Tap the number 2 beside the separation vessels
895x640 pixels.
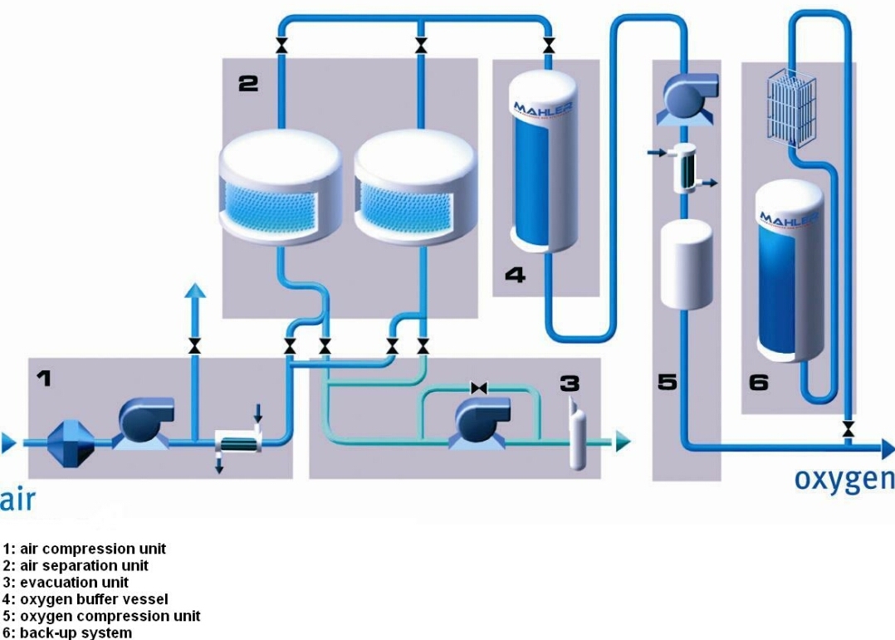(x=247, y=83)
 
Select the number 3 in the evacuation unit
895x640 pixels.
(x=570, y=383)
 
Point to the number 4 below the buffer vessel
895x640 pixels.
(x=515, y=275)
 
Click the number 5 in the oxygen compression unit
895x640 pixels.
(x=668, y=383)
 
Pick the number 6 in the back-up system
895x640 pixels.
(x=759, y=383)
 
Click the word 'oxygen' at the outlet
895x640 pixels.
(x=844, y=479)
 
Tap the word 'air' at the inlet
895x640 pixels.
(x=17, y=500)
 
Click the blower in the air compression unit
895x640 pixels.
(x=144, y=422)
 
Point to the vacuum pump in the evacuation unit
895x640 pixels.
(x=481, y=422)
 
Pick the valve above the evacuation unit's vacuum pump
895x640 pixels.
(x=478, y=388)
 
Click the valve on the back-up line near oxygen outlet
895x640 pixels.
(x=849, y=429)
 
